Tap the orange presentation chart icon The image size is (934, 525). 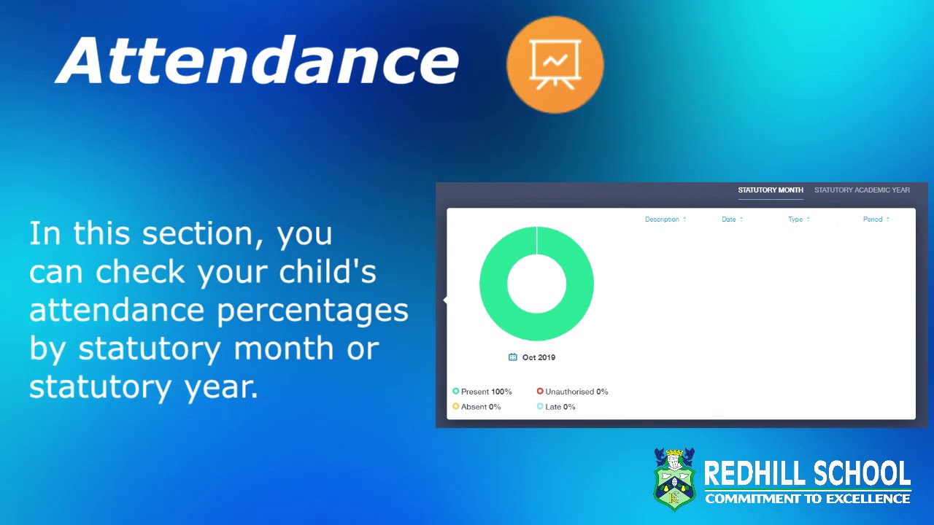click(555, 64)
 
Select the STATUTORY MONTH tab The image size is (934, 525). click(770, 190)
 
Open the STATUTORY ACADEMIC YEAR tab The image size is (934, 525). click(862, 190)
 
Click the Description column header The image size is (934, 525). click(663, 219)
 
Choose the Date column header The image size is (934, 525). click(729, 219)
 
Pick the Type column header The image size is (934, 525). click(795, 219)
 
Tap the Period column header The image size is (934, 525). click(873, 219)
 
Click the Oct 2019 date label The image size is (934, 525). click(539, 357)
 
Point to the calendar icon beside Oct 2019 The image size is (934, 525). click(513, 357)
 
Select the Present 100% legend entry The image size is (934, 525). click(482, 392)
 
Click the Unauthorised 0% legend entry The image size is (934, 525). click(573, 392)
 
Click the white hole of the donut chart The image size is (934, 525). click(536, 284)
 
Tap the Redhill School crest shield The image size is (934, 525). click(674, 479)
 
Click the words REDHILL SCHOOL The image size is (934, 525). click(807, 474)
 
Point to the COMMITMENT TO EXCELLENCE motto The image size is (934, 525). click(807, 499)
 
